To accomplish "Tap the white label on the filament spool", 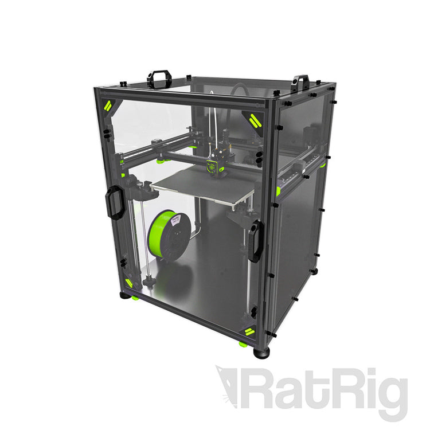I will tap(175, 220).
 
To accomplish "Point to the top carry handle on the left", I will tap(159, 79).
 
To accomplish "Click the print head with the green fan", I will tap(215, 164).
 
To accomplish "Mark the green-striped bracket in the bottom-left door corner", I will tap(129, 283).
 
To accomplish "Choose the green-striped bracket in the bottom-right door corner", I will tap(248, 331).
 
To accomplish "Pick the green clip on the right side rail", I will tap(278, 191).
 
